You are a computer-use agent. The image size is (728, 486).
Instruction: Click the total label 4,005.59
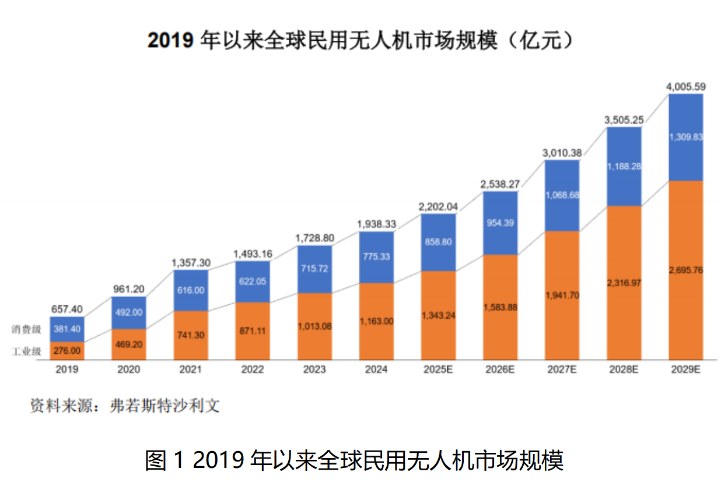(x=685, y=87)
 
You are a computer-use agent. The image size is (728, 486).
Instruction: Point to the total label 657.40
(x=67, y=309)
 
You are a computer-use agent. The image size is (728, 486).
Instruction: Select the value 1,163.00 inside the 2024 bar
(x=376, y=321)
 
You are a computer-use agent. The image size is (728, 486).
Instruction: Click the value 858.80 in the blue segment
(x=438, y=242)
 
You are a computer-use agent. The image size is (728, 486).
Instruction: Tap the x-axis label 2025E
(x=438, y=369)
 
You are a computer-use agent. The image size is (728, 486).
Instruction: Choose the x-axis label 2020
(x=129, y=369)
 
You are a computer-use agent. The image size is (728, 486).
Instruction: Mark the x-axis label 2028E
(x=624, y=369)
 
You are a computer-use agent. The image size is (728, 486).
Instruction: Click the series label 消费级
(x=26, y=329)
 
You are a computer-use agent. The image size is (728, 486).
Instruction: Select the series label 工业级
(x=26, y=351)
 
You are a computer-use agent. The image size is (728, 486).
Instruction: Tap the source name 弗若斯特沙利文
(x=165, y=406)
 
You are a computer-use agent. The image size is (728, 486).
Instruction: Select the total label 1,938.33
(x=376, y=224)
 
